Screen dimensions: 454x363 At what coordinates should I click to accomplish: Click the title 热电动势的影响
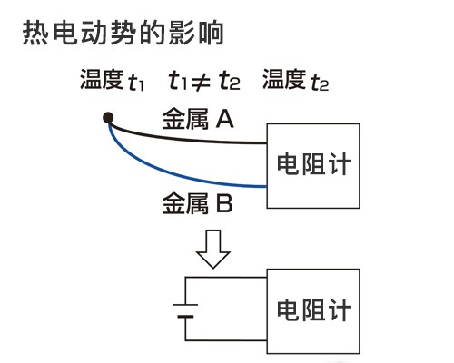pyautogui.click(x=123, y=33)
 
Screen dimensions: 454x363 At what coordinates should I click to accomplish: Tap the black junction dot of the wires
pyautogui.click(x=108, y=117)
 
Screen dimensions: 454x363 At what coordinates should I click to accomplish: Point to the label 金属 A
pyautogui.click(x=198, y=119)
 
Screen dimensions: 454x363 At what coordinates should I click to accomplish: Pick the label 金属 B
pyautogui.click(x=198, y=203)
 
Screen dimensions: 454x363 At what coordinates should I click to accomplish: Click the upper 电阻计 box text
pyautogui.click(x=314, y=163)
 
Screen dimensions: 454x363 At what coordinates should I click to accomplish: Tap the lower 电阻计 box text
pyautogui.click(x=314, y=309)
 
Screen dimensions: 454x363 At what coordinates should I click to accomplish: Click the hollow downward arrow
pyautogui.click(x=213, y=250)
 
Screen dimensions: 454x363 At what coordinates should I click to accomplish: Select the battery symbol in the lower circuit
pyautogui.click(x=185, y=310)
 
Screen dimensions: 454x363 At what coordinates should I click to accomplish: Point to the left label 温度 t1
pyautogui.click(x=112, y=80)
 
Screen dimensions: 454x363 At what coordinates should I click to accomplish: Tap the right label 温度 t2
pyautogui.click(x=295, y=80)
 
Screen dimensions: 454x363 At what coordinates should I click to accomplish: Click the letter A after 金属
pyautogui.click(x=225, y=119)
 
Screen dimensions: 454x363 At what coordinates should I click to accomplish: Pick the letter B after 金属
pyautogui.click(x=224, y=203)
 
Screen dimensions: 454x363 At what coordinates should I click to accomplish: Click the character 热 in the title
pyautogui.click(x=35, y=33)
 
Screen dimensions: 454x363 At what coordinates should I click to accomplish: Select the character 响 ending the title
pyautogui.click(x=212, y=33)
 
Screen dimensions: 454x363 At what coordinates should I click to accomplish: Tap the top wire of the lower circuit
pyautogui.click(x=226, y=278)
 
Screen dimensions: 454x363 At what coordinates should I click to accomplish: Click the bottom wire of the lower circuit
pyautogui.click(x=226, y=340)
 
